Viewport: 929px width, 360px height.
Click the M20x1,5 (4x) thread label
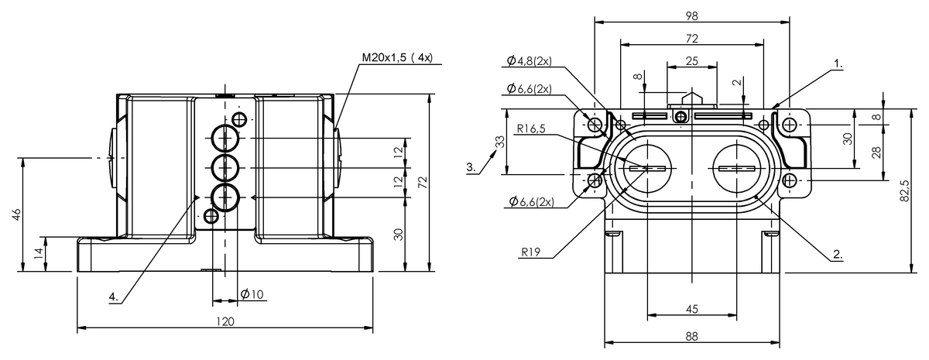(397, 57)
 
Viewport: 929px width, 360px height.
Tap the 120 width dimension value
(225, 322)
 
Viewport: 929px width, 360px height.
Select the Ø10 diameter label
(252, 294)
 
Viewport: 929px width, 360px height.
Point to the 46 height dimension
(16, 214)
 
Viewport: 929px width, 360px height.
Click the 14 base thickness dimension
(39, 254)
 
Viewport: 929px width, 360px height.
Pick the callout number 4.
(114, 297)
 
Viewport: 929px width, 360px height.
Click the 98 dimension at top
(692, 15)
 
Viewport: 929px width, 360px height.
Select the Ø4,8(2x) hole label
(530, 60)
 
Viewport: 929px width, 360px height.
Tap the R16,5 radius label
(531, 129)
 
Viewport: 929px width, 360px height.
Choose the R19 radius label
(531, 252)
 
